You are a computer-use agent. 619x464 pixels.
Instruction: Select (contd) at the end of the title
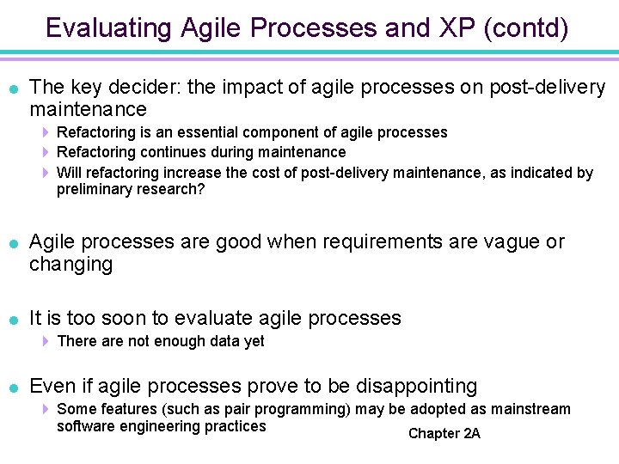[x=526, y=28]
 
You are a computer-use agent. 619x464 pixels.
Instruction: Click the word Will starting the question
[x=69, y=173]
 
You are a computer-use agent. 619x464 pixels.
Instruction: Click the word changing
[x=70, y=265]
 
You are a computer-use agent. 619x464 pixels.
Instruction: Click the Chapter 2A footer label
[x=444, y=434]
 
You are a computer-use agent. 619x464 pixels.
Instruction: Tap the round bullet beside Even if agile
[x=13, y=388]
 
